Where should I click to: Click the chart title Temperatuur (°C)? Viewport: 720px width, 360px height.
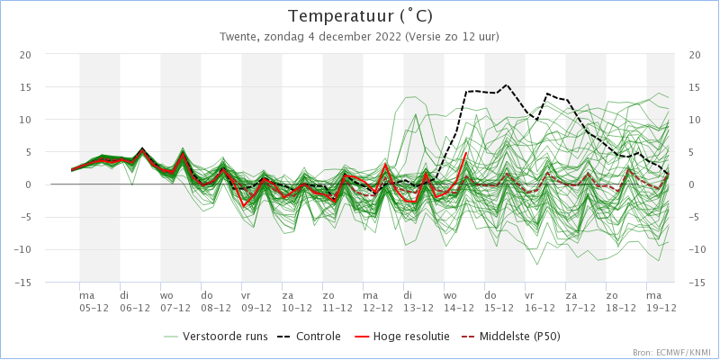360,16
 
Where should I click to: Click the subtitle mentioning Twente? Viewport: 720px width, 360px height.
359,37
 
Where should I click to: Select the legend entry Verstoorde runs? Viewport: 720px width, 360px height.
215,337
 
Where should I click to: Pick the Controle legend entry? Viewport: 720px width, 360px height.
309,337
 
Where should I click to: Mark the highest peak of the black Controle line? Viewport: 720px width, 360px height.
506,85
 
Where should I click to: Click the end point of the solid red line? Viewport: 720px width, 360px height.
466,152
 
